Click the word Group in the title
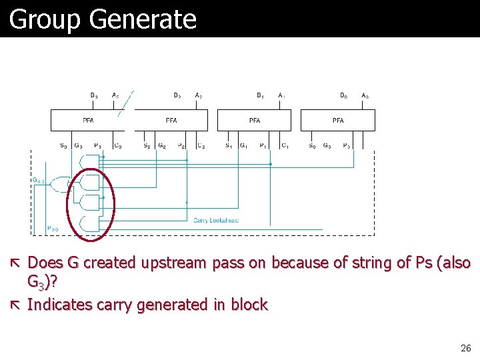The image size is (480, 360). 45,20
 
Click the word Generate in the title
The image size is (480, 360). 142,20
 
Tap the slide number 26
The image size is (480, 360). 466,348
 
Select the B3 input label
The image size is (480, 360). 94,95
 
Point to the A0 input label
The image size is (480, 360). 365,95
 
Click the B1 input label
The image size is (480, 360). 260,95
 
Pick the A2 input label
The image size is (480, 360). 199,95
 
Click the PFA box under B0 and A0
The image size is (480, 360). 338,121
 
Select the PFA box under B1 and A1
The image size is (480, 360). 255,121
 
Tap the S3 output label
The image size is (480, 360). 63,145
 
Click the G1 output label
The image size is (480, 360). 244,145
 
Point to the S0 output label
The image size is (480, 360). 312,145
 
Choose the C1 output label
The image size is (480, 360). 284,145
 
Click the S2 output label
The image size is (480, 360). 147,145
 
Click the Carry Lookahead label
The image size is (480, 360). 215,220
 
